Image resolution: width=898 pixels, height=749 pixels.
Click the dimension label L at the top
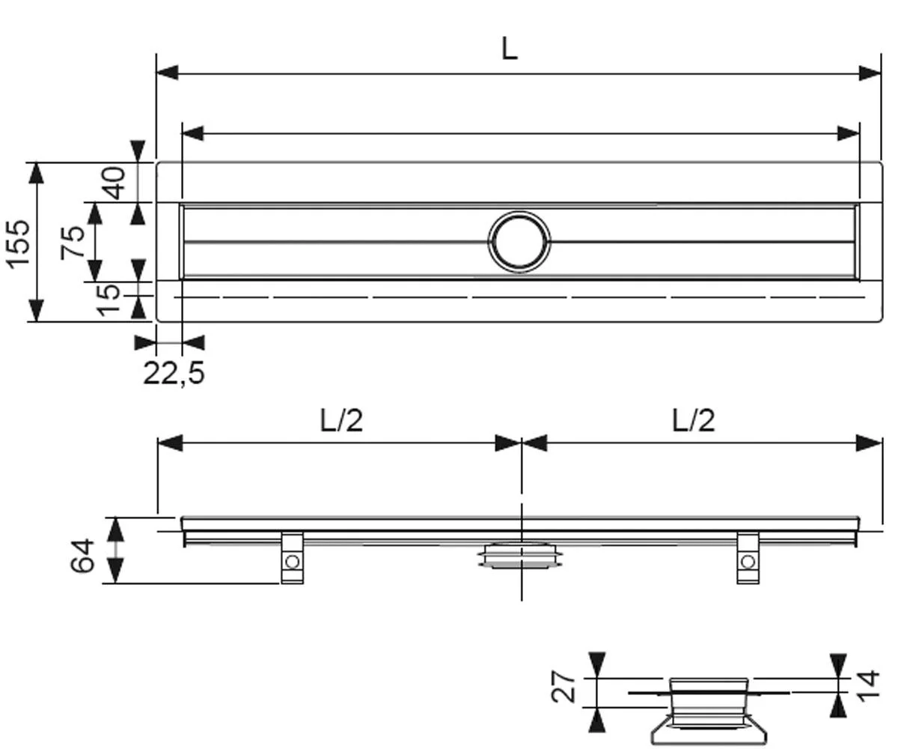[510, 48]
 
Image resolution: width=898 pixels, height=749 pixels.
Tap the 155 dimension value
[19, 244]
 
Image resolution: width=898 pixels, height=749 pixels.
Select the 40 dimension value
[114, 184]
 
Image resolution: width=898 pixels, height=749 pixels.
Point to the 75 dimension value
[73, 243]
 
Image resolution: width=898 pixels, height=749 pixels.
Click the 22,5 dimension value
[174, 372]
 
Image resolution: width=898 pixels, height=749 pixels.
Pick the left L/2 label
[341, 420]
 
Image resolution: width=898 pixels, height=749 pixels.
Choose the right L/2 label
[693, 420]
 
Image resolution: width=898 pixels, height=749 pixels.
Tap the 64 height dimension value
[82, 555]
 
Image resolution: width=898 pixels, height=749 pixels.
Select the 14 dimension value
[868, 685]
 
